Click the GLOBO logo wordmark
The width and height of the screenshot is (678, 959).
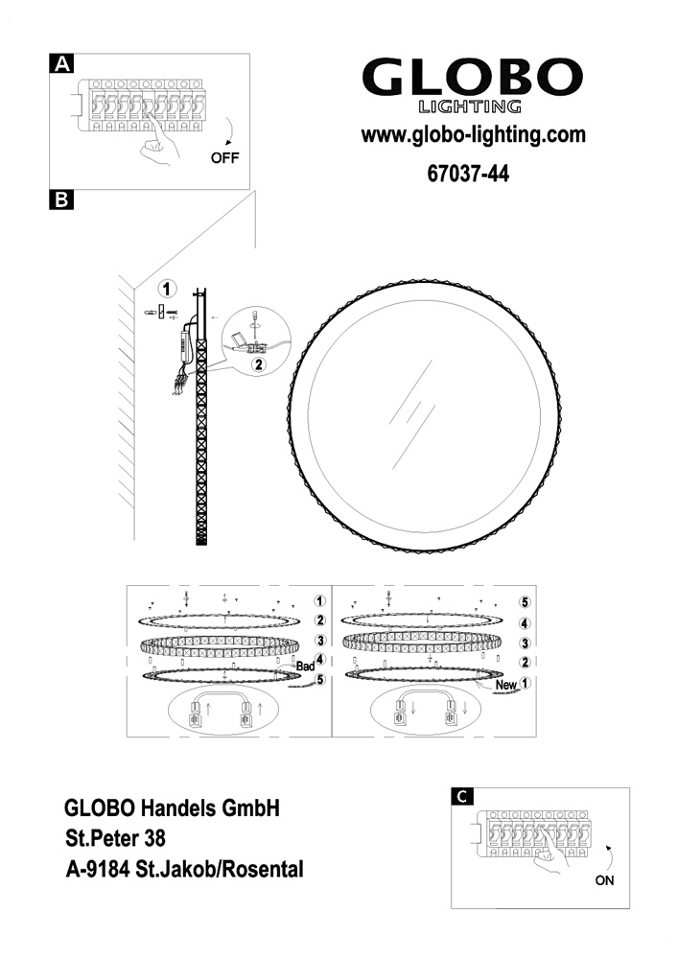point(472,77)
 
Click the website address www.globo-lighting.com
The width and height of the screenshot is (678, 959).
point(473,134)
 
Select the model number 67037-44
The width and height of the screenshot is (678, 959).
point(468,174)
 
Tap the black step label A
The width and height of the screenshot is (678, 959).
point(61,64)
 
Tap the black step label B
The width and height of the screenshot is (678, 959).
point(61,200)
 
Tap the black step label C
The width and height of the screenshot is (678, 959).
point(463,796)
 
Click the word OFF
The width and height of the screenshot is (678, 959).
point(225,158)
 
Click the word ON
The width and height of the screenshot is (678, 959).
point(604,880)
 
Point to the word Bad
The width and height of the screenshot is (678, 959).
point(305,667)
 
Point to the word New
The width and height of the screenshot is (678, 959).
point(506,685)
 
